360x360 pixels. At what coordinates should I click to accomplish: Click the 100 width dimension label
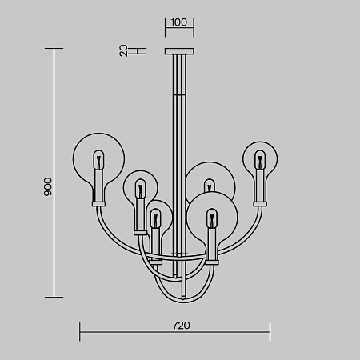tap(179, 22)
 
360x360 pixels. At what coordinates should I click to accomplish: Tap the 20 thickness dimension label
tap(123, 50)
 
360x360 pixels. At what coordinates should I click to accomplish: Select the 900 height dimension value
tap(48, 187)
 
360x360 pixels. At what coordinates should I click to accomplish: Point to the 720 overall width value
tap(182, 326)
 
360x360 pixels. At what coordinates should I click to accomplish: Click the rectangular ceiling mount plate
tap(179, 51)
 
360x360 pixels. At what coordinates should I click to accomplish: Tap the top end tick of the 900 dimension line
tap(54, 49)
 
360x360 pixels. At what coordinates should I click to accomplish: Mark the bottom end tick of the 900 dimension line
tap(54, 297)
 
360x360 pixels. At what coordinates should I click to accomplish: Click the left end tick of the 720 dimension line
tap(79, 332)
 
